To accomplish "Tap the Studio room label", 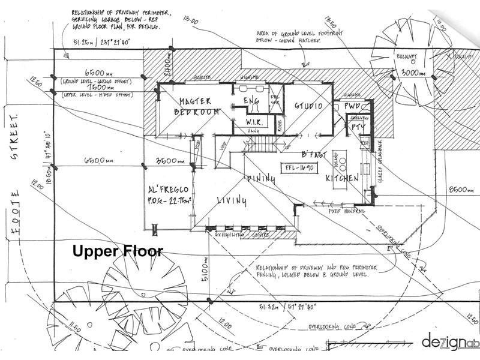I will pyautogui.click(x=308, y=106).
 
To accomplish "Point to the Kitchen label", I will pyautogui.click(x=342, y=179).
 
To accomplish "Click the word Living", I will pyautogui.click(x=231, y=202).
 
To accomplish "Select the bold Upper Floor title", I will pyautogui.click(x=117, y=251).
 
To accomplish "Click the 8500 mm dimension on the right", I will pyautogui.click(x=462, y=190).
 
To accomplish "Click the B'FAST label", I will pyautogui.click(x=313, y=155).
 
